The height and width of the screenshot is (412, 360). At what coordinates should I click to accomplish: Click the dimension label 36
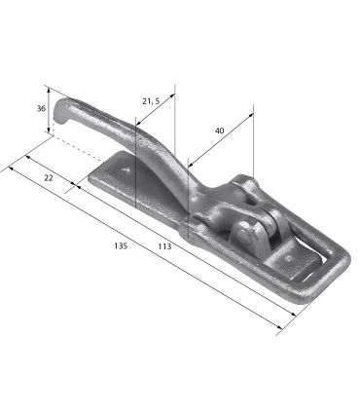[x=41, y=108]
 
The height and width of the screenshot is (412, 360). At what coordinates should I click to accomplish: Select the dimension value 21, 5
[x=151, y=101]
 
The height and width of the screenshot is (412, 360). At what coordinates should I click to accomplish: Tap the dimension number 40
[x=220, y=131]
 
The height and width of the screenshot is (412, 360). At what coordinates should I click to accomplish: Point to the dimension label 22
[x=49, y=178]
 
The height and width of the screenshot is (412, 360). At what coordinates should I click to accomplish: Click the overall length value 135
[x=121, y=245]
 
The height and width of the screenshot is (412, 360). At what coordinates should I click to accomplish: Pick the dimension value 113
[x=164, y=246]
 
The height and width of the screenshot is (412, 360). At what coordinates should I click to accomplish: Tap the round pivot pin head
[x=244, y=236]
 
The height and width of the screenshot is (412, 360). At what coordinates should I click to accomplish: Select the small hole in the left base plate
[x=126, y=169]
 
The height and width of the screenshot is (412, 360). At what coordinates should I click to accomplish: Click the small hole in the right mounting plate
[x=288, y=259]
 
